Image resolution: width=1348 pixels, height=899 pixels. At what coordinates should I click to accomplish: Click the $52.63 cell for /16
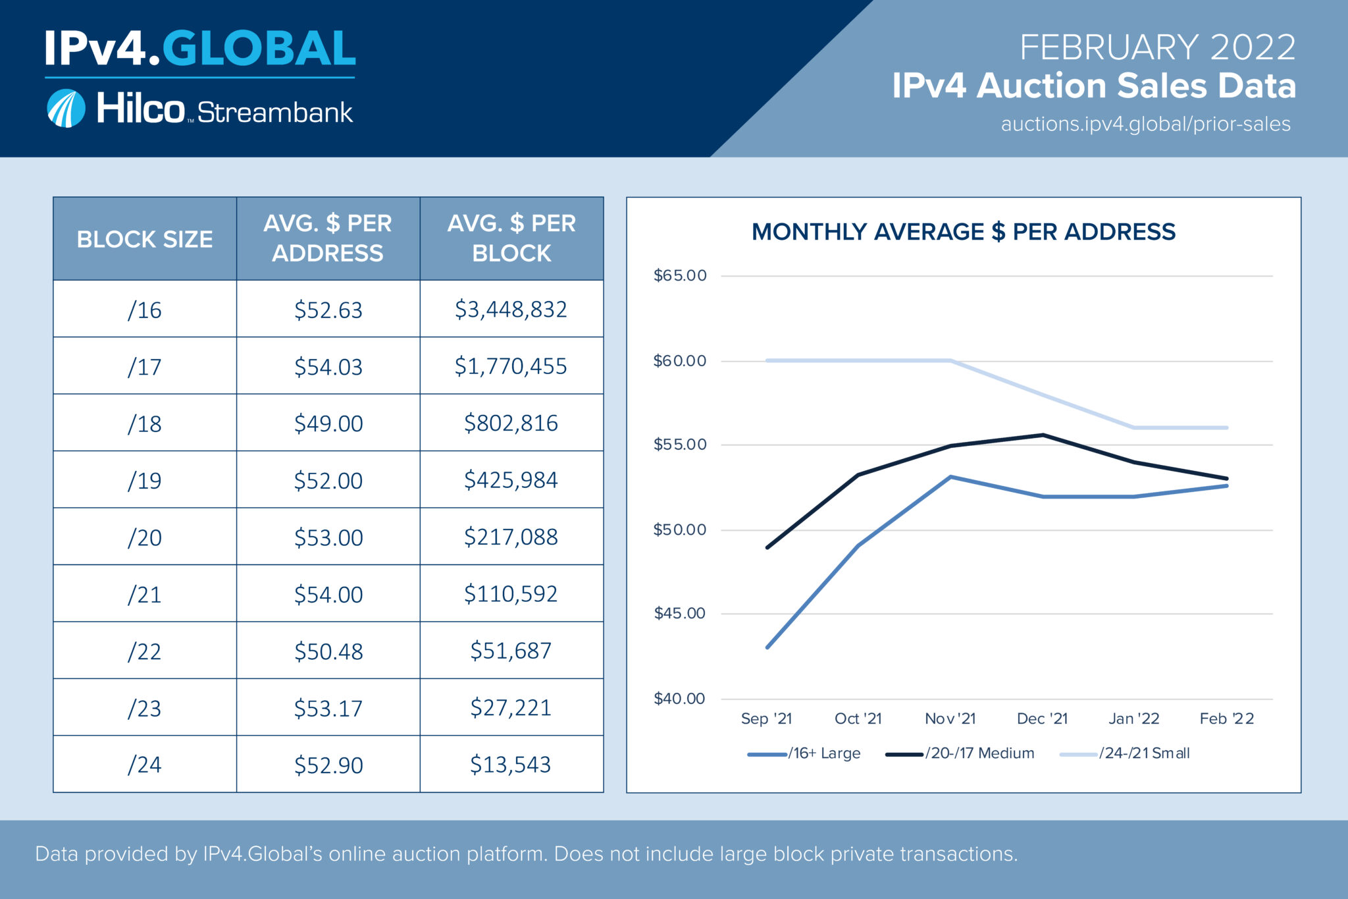pos(328,310)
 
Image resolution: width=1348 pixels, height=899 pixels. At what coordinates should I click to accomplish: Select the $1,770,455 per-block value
pos(511,366)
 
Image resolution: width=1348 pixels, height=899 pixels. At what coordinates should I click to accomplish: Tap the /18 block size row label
pos(144,423)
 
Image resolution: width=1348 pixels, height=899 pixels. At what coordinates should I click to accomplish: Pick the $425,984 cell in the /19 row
pos(511,480)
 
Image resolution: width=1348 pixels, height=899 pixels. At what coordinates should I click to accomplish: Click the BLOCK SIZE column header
pos(144,239)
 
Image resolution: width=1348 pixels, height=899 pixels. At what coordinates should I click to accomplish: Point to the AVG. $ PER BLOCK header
pos(511,238)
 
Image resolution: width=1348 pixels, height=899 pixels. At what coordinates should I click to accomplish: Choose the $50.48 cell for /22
pos(328,651)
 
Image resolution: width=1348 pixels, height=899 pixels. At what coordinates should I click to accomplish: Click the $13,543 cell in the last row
pos(511,765)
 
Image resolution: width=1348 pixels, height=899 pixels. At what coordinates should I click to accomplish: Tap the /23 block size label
pos(144,709)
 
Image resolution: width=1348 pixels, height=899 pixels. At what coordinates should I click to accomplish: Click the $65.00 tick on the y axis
pos(679,275)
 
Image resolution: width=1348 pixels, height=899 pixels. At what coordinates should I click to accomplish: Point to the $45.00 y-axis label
pos(679,614)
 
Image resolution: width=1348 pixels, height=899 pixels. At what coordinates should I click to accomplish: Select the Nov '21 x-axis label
pos(950,719)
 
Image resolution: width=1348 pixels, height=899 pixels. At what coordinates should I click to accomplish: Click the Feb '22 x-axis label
pos(1226,719)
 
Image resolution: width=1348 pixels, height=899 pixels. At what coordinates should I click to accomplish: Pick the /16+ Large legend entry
pos(804,753)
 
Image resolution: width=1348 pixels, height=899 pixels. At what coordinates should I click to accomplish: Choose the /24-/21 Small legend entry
pos(1126,753)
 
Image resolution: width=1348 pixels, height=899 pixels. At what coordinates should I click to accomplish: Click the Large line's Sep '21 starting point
pos(767,647)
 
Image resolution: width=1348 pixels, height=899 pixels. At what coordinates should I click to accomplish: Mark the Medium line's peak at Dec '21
pos(1043,435)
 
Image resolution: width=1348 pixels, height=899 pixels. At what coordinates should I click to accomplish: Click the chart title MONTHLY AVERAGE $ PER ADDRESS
pos(963,232)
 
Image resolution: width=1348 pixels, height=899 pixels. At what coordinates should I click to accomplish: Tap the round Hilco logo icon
pos(66,109)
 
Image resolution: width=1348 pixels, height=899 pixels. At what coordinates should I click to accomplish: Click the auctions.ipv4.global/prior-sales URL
pos(1145,124)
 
